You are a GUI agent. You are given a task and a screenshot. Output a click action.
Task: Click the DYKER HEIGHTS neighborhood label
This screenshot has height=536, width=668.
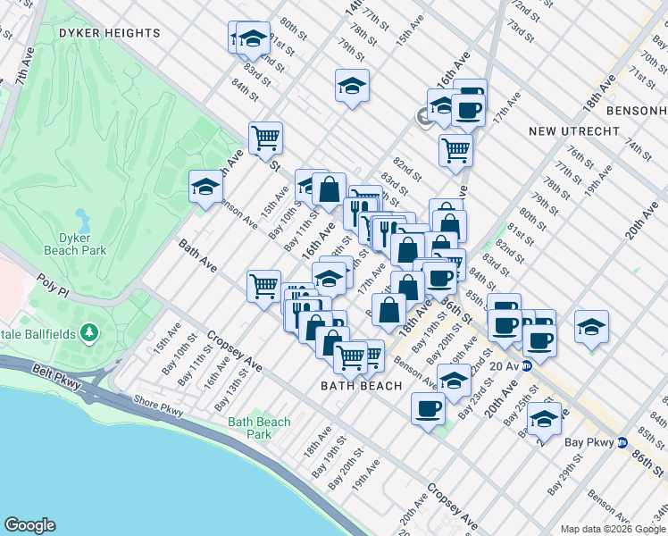click(109, 33)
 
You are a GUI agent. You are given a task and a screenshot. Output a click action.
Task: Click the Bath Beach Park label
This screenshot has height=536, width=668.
click(259, 428)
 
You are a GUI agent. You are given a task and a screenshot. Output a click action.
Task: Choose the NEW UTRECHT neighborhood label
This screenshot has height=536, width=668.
click(573, 131)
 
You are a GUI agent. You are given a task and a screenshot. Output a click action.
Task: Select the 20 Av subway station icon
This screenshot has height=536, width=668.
click(527, 365)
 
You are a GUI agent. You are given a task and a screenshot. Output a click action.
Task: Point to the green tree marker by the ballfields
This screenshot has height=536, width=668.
click(88, 332)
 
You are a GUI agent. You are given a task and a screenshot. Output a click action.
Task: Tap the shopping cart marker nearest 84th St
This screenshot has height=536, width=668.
click(265, 138)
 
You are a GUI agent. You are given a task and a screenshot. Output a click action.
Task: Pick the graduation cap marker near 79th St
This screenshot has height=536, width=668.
click(352, 86)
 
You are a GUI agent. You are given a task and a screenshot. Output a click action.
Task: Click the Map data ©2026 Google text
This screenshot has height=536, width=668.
click(612, 529)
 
